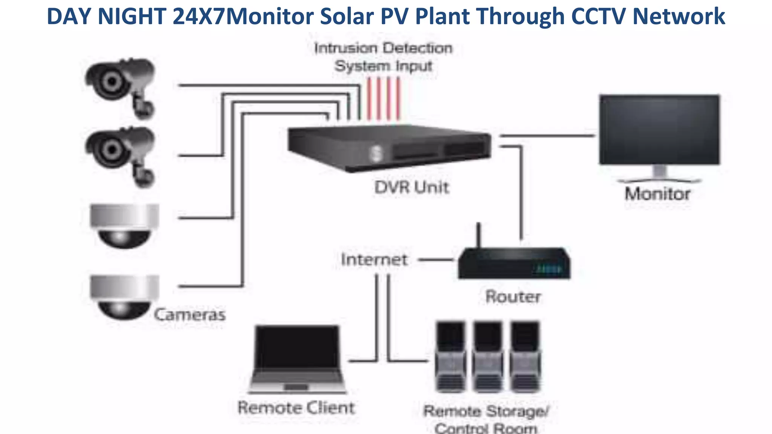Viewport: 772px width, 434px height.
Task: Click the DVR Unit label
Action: [x=412, y=187]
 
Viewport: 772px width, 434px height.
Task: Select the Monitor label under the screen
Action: [x=657, y=194]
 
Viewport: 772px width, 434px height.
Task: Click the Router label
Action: [x=513, y=296]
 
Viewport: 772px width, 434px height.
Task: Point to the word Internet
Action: [x=374, y=260]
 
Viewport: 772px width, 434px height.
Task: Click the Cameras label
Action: [x=190, y=315]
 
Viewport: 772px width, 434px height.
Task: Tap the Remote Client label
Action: [x=296, y=408]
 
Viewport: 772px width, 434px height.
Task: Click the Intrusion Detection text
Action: [x=383, y=48]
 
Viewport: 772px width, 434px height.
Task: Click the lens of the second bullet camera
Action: [x=111, y=150]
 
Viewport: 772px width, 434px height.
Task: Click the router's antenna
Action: [x=478, y=235]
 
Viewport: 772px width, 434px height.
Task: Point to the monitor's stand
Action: [x=659, y=172]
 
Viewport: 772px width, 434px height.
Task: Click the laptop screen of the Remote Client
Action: [x=297, y=347]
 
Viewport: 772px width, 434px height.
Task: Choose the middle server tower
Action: [x=488, y=356]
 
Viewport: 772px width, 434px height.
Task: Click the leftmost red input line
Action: [x=369, y=99]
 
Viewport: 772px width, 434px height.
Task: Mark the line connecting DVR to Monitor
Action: [x=547, y=135]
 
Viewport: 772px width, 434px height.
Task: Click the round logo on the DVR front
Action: [x=376, y=154]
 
